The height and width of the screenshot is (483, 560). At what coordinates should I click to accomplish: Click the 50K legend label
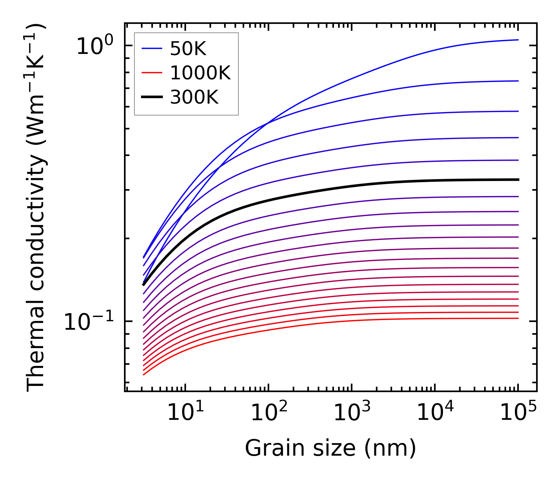coord(188,49)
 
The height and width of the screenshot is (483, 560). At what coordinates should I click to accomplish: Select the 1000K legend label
coord(200,73)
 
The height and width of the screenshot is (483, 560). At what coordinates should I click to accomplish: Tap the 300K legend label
coord(194,97)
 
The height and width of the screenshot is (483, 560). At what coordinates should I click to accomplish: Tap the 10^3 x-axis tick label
coord(352,413)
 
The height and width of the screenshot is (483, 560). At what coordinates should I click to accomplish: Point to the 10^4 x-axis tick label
coord(435,413)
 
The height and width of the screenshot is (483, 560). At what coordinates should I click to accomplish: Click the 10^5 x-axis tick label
coord(518,413)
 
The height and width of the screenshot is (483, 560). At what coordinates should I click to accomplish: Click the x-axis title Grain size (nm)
coord(330,448)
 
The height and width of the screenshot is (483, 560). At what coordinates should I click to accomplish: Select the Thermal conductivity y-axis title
coord(37,208)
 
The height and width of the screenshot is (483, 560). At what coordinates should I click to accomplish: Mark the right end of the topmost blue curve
coord(518,40)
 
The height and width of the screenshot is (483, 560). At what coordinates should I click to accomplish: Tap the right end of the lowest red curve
coord(518,318)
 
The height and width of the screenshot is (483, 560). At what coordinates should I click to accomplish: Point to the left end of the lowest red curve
coord(144,374)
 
